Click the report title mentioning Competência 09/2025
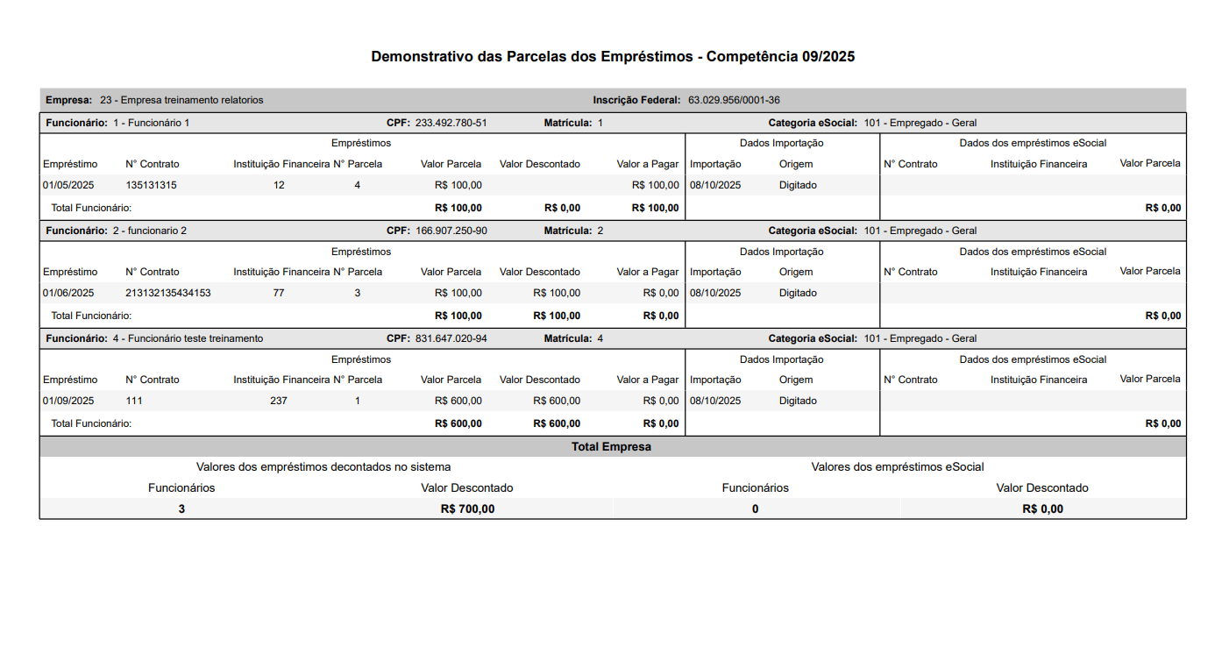click(x=613, y=57)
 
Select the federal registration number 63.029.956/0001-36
click(x=734, y=100)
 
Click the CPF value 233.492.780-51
click(x=451, y=123)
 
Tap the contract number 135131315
click(x=151, y=185)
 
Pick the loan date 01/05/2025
click(x=68, y=185)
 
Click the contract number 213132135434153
click(x=168, y=293)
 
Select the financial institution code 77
click(x=279, y=293)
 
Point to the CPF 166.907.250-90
click(x=451, y=231)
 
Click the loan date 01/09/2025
click(x=68, y=401)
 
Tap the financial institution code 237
click(x=279, y=401)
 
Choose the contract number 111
click(x=134, y=401)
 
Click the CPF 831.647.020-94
click(x=451, y=338)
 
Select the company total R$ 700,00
click(x=467, y=508)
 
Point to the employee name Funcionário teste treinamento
click(x=195, y=338)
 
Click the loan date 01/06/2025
click(x=68, y=293)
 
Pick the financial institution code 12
click(x=279, y=185)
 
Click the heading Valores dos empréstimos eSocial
click(x=898, y=467)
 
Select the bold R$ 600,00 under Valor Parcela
click(x=458, y=423)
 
